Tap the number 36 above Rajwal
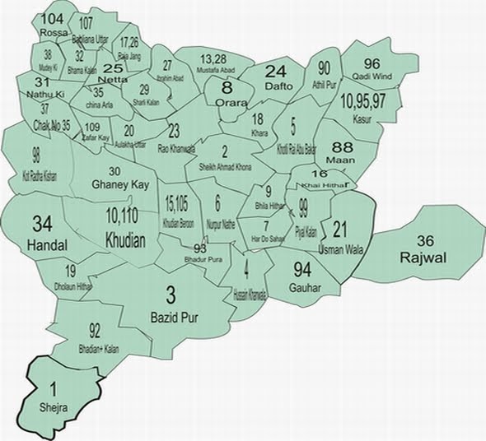(x=426, y=241)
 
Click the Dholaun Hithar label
(x=72, y=287)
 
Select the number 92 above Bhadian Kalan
(x=95, y=331)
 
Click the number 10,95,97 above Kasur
(x=362, y=102)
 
